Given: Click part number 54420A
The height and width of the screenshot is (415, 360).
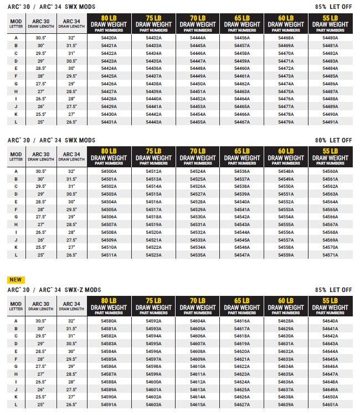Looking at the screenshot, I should point(109,38).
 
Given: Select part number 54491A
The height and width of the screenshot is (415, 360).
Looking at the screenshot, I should point(330,122).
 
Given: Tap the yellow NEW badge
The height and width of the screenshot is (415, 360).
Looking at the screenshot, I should point(16,280).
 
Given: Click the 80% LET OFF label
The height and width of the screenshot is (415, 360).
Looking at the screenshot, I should point(333,141).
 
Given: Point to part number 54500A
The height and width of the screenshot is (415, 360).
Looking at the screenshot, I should point(109,171).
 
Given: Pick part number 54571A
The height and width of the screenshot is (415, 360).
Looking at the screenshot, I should point(330,255).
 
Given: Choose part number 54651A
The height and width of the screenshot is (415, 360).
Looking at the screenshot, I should point(330,405).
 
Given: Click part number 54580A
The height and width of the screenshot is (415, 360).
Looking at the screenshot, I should point(109,321).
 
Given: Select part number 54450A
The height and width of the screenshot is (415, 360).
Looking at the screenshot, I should point(198,84).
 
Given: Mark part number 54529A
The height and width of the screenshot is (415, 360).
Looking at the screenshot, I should point(198,209).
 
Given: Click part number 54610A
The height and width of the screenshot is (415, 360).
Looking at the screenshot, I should point(198,367).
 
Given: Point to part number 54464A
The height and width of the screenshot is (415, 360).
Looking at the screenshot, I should point(242,99).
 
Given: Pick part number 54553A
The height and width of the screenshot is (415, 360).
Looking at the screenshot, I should point(286,209).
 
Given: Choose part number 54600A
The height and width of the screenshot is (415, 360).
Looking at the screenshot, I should point(153,382).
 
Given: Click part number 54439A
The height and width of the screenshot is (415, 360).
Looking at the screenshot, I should point(153,91).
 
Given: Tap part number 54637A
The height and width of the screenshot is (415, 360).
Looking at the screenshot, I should point(286,390).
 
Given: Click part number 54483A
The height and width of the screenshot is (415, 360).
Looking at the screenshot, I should point(330,61).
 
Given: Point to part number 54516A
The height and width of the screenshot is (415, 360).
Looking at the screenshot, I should point(153,202).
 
